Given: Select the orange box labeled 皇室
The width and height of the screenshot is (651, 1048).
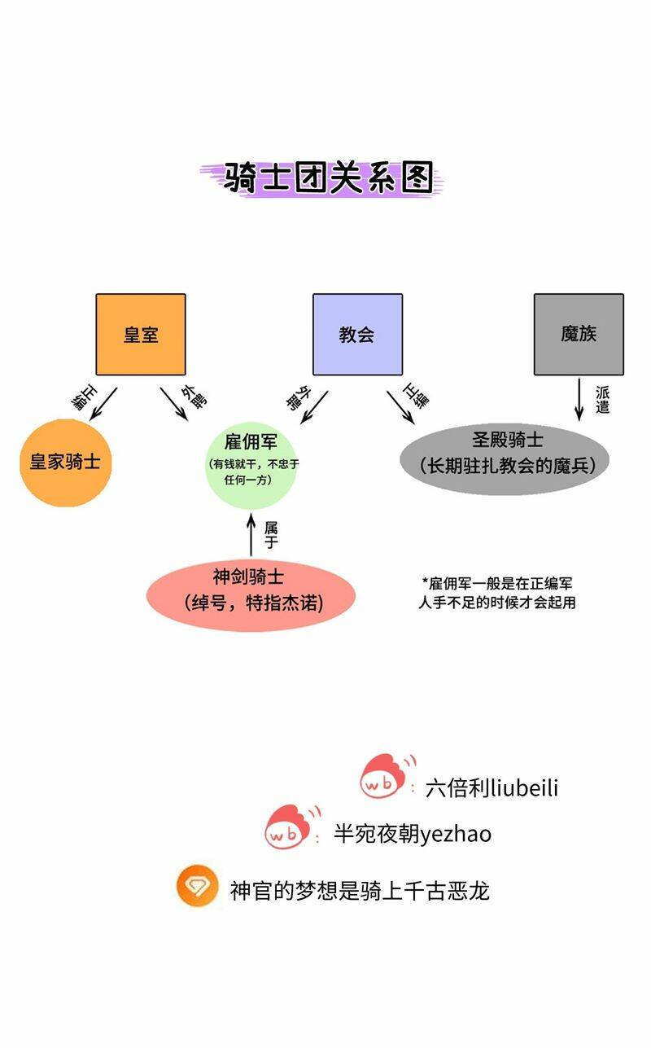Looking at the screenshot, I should (x=141, y=334).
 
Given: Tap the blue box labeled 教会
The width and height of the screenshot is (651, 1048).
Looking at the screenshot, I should (x=357, y=334).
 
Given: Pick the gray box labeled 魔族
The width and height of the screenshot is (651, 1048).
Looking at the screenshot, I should (x=579, y=334).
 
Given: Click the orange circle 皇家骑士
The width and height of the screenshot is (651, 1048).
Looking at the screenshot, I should (x=65, y=463).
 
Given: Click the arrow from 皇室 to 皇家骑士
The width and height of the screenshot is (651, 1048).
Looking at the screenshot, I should (x=104, y=404).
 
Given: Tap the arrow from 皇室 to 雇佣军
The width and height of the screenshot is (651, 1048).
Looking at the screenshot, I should (x=173, y=404).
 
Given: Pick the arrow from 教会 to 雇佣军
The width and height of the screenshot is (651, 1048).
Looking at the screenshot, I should (x=314, y=406).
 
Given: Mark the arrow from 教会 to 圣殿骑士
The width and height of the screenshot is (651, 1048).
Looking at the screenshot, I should (x=400, y=406).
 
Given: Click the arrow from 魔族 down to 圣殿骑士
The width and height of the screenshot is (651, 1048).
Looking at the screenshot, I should (x=579, y=398).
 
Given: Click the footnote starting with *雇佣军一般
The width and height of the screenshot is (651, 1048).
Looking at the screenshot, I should (x=497, y=593).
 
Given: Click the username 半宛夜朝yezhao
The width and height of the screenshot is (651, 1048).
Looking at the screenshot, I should (x=413, y=834).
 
